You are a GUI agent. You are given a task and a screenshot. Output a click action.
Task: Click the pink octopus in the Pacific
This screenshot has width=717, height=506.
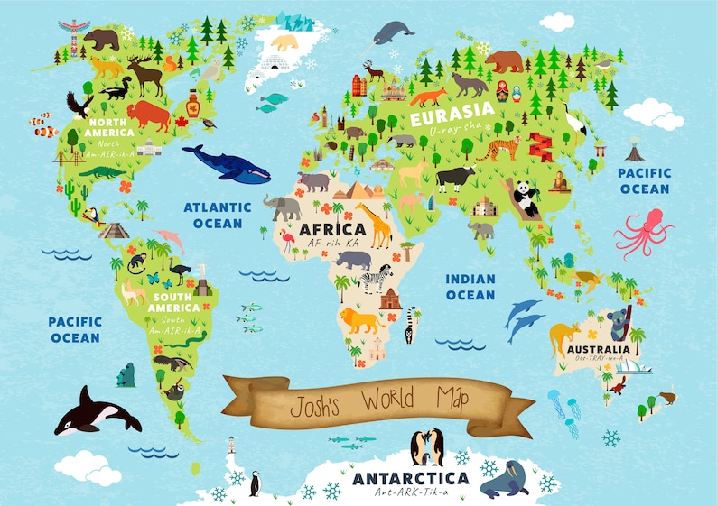pos(643,232)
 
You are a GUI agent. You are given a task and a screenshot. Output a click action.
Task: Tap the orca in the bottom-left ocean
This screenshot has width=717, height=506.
pos(96,413)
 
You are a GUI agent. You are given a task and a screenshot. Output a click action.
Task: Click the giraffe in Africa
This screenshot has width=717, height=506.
pos(375,225)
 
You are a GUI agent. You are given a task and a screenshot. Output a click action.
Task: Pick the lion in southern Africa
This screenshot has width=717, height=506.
pos(359,320)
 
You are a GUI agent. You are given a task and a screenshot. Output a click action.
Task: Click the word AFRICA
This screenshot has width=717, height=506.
pos(332,229)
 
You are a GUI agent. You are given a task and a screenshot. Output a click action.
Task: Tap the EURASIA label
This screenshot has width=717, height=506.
pos(446,117)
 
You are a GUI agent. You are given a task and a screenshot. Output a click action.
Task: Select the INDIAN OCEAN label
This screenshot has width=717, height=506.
pos(470,287)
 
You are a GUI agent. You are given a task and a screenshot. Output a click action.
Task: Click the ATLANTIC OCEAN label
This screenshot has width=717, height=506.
pos(218,215)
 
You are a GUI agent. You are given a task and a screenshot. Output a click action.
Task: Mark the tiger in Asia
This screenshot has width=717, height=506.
pos(498,148)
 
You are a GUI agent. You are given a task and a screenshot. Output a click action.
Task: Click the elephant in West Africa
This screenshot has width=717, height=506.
pos(283,207)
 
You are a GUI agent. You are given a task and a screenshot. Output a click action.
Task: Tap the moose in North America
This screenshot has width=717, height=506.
pos(145,75)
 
